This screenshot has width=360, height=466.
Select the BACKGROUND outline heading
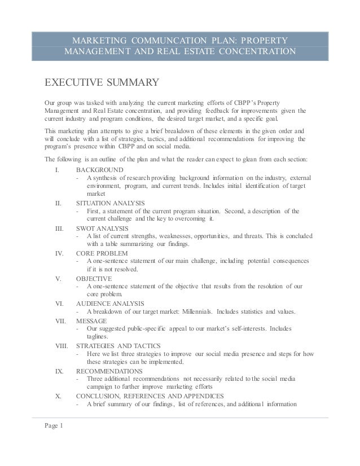(x=100, y=170)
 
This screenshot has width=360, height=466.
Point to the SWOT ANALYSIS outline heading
(x=102, y=228)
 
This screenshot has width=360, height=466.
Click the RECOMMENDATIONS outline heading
(x=109, y=371)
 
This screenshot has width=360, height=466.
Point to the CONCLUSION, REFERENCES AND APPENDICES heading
(x=150, y=396)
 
